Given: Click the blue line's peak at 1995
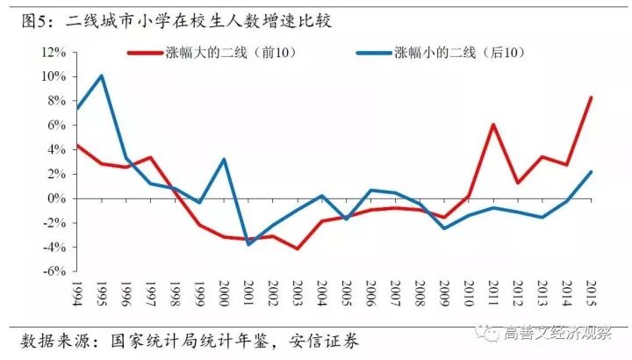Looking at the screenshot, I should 102,76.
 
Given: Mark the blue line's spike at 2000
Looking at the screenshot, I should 225,159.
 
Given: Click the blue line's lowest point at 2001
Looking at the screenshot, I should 249,244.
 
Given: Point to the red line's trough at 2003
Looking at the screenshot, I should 298,248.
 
